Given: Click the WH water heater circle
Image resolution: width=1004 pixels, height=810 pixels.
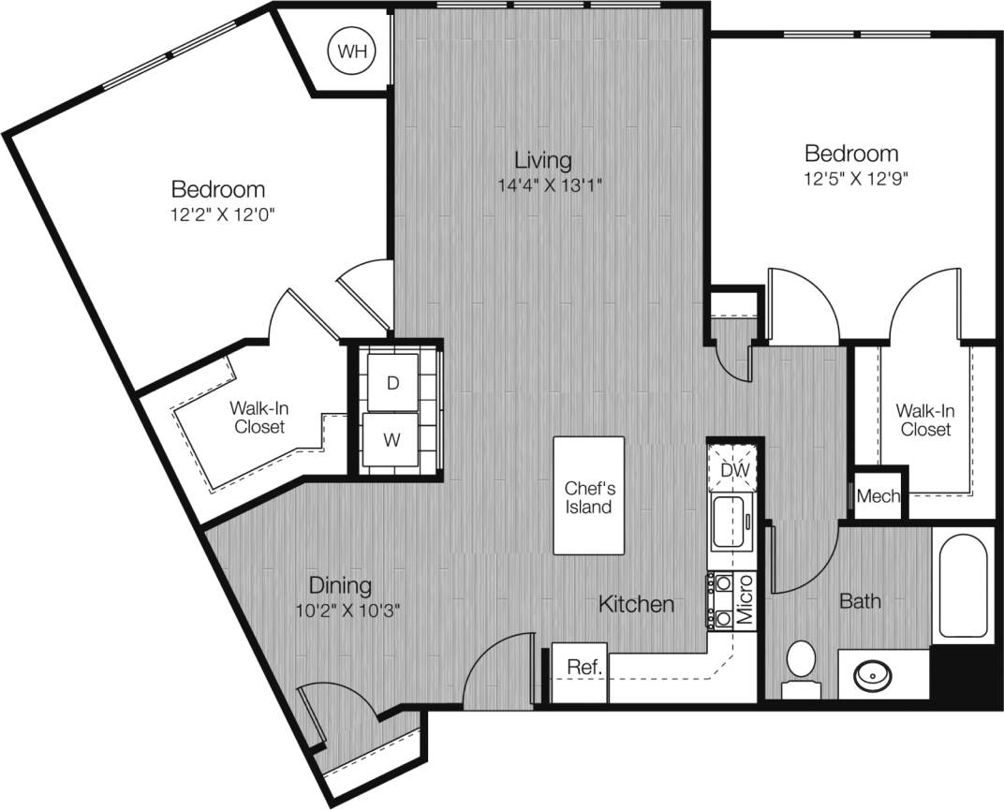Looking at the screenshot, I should (352, 52).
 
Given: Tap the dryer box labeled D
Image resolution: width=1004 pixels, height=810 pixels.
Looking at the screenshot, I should (391, 382).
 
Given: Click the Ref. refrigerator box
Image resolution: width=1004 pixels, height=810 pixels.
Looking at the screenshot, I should (583, 669).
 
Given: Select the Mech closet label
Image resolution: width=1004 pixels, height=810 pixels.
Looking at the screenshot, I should (878, 497).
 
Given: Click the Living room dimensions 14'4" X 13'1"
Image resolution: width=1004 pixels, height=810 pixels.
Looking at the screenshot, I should (550, 184).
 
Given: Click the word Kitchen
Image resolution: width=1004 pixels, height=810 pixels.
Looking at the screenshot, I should (636, 605).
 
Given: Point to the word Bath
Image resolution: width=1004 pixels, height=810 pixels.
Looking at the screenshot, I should (859, 601).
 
